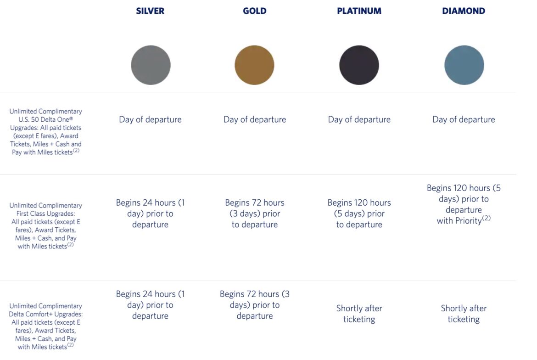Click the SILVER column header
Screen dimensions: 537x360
[x=150, y=11]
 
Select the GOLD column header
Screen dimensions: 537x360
[x=254, y=11]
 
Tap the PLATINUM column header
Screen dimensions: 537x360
[x=359, y=11]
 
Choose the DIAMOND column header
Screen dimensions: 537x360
[x=464, y=11]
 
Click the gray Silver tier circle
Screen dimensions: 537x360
[x=151, y=65]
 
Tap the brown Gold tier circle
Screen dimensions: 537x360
[x=254, y=65]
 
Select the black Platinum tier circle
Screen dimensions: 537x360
[x=359, y=65]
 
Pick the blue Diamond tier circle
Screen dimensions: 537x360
[x=464, y=65]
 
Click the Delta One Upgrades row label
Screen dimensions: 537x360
[x=45, y=131]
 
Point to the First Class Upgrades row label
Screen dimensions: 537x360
[x=45, y=226]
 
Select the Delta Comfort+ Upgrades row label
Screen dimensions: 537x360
[x=45, y=326]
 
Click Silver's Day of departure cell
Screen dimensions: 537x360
[x=150, y=119]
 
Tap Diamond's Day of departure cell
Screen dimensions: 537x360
[x=464, y=119]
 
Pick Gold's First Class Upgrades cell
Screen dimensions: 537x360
[x=254, y=214]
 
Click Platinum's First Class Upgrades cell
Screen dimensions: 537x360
[x=359, y=214]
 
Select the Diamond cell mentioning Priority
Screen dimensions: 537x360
[x=464, y=204]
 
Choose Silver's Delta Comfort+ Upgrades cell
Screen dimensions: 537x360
[x=150, y=305]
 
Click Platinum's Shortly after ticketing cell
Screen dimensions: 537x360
[x=359, y=314]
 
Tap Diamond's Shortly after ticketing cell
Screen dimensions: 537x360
[x=464, y=314]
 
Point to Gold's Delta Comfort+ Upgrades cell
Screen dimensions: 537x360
[x=254, y=305]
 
